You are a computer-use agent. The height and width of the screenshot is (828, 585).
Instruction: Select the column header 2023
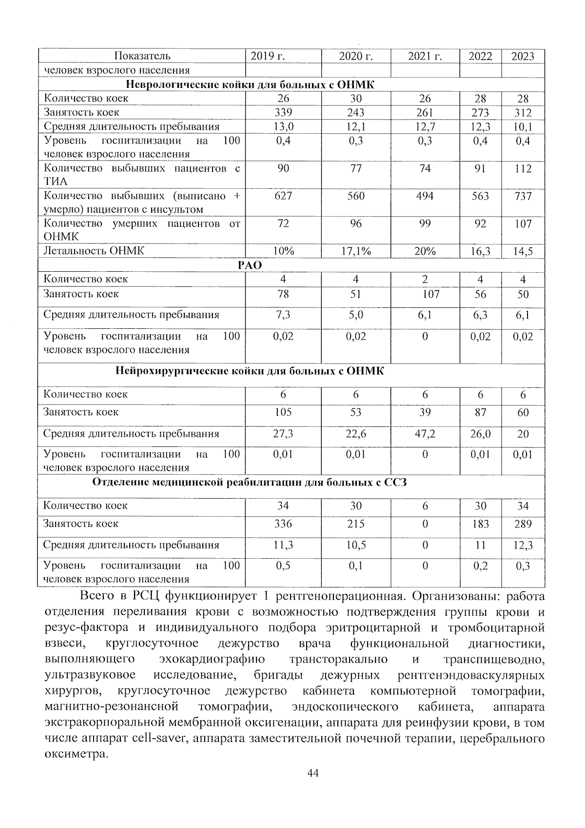[x=523, y=56]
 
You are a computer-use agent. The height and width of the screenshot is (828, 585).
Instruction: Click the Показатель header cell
[x=142, y=56]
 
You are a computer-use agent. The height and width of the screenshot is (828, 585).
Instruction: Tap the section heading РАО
[x=250, y=265]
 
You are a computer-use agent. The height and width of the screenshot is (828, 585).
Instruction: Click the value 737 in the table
[x=523, y=196]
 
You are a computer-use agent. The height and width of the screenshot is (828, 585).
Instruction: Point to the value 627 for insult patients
[x=283, y=196]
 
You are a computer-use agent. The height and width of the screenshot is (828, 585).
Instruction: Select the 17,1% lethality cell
[x=355, y=251]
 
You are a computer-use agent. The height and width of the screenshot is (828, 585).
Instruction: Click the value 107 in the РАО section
[x=430, y=294]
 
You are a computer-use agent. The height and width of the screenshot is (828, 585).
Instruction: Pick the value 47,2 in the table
[x=425, y=434]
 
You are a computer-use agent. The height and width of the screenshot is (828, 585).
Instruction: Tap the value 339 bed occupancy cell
[x=283, y=113]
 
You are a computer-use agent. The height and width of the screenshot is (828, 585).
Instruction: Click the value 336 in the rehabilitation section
[x=283, y=524]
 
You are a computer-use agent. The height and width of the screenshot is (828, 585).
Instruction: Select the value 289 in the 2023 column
[x=523, y=524]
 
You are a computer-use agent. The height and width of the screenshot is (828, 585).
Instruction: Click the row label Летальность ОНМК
[x=94, y=251]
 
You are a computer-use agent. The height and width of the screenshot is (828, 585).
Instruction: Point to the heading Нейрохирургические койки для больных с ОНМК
[x=250, y=371]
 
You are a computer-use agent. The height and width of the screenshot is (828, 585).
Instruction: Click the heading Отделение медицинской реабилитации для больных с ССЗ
[x=250, y=483]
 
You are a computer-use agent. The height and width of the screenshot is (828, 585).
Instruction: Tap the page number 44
[x=313, y=773]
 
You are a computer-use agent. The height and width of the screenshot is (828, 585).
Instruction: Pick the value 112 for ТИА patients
[x=523, y=169]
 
